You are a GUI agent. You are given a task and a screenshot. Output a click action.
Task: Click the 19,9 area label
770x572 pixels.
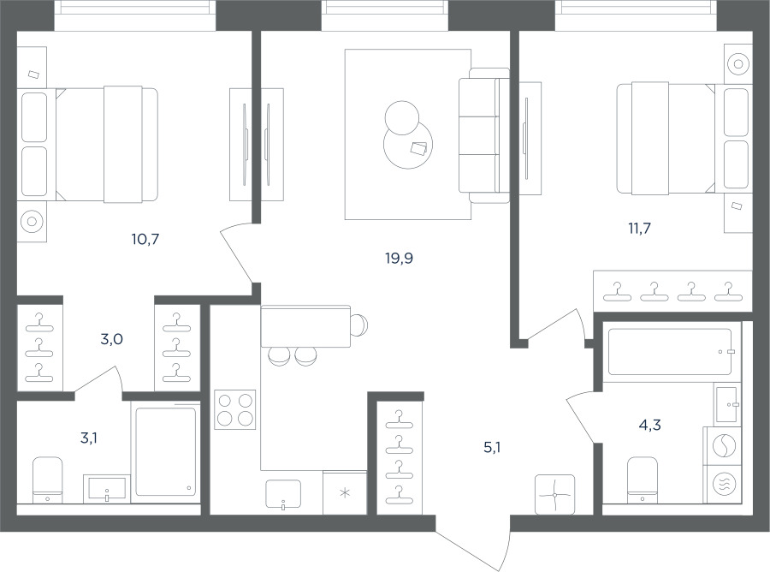pyautogui.click(x=400, y=258)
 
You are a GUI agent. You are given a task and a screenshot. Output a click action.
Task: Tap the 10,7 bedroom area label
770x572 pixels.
pyautogui.click(x=145, y=239)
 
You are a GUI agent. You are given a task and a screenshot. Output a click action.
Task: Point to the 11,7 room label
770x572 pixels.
pyautogui.click(x=639, y=228)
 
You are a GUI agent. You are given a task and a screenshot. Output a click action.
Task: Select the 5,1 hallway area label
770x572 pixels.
pyautogui.click(x=492, y=448)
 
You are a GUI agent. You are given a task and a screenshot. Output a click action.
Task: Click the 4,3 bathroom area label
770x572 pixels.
pyautogui.click(x=649, y=425)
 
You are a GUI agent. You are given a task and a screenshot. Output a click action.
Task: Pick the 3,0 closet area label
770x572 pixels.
pyautogui.click(x=111, y=339)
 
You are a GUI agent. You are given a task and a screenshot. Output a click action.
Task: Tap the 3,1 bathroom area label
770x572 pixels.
pyautogui.click(x=89, y=438)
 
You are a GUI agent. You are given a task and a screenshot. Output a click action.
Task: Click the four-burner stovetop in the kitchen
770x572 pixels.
pyautogui.click(x=235, y=410)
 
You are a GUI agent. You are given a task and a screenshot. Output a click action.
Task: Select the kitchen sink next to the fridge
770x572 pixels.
pyautogui.click(x=283, y=494)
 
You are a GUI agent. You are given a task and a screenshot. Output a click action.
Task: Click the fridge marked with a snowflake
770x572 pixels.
pyautogui.click(x=346, y=493)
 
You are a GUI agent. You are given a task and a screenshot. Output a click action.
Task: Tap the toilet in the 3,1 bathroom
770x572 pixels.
pyautogui.click(x=48, y=480)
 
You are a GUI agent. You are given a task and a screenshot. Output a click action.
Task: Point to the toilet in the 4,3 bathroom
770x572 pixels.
pyautogui.click(x=643, y=480)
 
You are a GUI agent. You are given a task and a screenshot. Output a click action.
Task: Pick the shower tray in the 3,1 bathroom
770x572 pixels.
pyautogui.click(x=165, y=451)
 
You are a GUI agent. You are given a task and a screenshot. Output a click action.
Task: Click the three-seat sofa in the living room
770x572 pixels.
pyautogui.click(x=483, y=135)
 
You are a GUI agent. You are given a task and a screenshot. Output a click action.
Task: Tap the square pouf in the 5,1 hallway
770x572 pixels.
pyautogui.click(x=555, y=494)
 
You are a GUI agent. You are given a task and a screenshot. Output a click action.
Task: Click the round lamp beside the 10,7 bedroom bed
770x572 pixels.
pyautogui.click(x=32, y=221)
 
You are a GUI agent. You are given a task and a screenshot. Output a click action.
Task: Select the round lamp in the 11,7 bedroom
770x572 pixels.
pyautogui.click(x=738, y=64)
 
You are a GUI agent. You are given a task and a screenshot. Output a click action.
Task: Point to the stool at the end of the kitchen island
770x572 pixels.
pyautogui.click(x=360, y=325)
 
